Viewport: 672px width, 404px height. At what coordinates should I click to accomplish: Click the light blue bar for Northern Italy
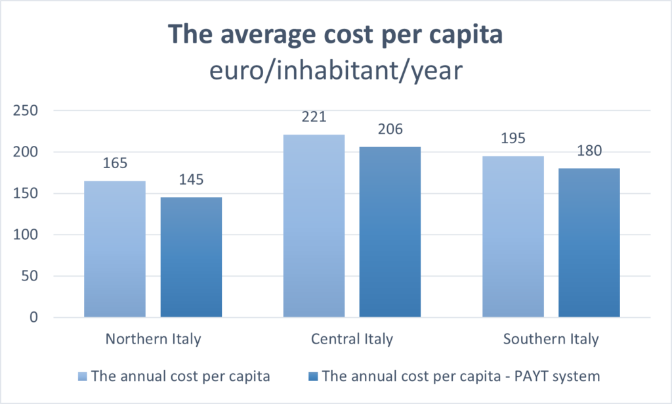click(115, 250)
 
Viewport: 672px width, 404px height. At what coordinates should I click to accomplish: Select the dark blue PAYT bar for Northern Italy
click(191, 258)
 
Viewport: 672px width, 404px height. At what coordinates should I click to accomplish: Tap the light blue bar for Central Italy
click(314, 227)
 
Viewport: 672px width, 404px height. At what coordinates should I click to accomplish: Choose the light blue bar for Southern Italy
click(513, 236)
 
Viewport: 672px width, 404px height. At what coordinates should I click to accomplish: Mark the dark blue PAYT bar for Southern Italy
click(589, 243)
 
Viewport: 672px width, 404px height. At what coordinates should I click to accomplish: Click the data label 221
click(314, 118)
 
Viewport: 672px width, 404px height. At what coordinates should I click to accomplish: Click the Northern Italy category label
click(153, 340)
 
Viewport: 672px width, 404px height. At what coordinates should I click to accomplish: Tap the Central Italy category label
click(352, 340)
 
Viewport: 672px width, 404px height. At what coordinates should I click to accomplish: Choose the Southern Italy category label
click(551, 340)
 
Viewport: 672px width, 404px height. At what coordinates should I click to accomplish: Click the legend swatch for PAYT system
click(314, 376)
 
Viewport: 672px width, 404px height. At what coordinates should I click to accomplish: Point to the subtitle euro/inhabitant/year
click(335, 70)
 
